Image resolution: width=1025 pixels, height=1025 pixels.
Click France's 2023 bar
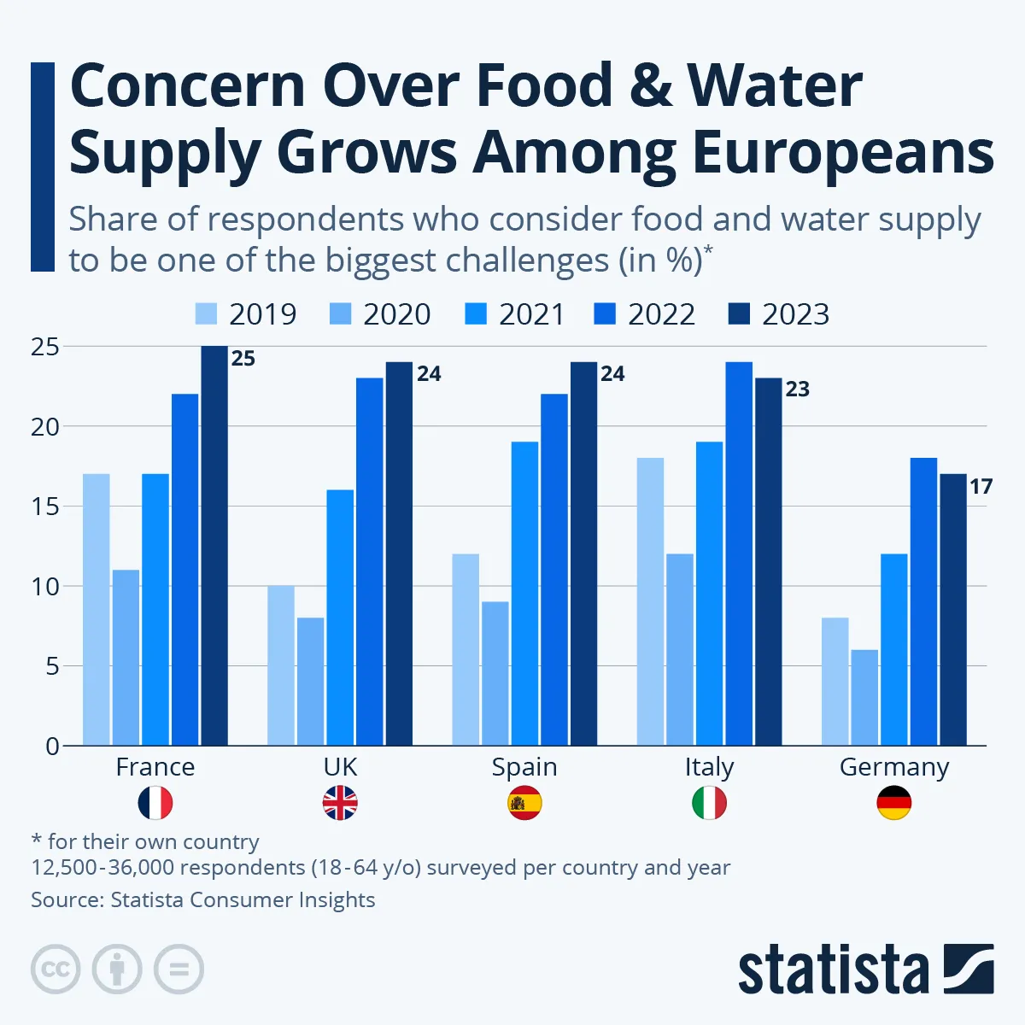point(214,546)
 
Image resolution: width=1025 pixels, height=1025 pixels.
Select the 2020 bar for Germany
point(864,697)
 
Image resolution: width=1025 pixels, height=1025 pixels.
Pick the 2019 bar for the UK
point(280,665)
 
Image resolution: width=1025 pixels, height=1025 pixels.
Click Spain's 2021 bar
point(524,594)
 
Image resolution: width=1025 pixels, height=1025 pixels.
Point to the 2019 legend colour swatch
point(207,314)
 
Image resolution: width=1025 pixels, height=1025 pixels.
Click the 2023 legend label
point(795,314)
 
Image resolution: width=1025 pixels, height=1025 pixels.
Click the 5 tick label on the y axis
point(52,666)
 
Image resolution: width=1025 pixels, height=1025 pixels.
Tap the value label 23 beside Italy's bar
point(797,389)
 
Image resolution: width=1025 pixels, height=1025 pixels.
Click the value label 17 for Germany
point(981,487)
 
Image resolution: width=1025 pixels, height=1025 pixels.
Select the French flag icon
point(155,804)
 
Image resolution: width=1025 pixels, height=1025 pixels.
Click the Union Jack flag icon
point(340,804)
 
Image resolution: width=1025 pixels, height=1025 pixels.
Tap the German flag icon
point(894,804)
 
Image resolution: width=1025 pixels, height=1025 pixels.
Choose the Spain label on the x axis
point(524,767)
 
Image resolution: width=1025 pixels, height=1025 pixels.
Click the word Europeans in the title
point(842,154)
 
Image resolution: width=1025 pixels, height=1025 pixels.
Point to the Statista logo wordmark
point(833,970)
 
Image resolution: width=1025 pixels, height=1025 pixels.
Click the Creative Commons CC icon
point(56,969)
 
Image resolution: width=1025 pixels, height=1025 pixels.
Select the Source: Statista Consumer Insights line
point(203,899)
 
